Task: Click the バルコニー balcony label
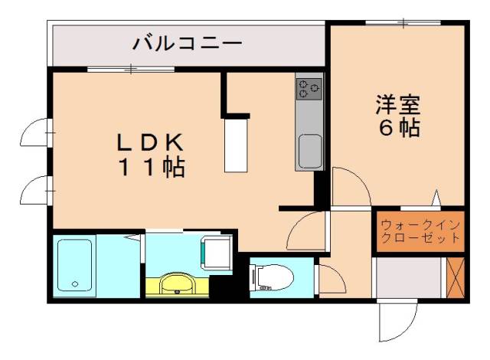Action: point(188,43)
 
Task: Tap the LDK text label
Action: point(150,142)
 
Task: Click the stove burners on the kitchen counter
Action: point(309,89)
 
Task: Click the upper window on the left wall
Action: point(37,133)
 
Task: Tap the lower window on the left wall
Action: point(37,188)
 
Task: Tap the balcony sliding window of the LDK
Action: point(131,70)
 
